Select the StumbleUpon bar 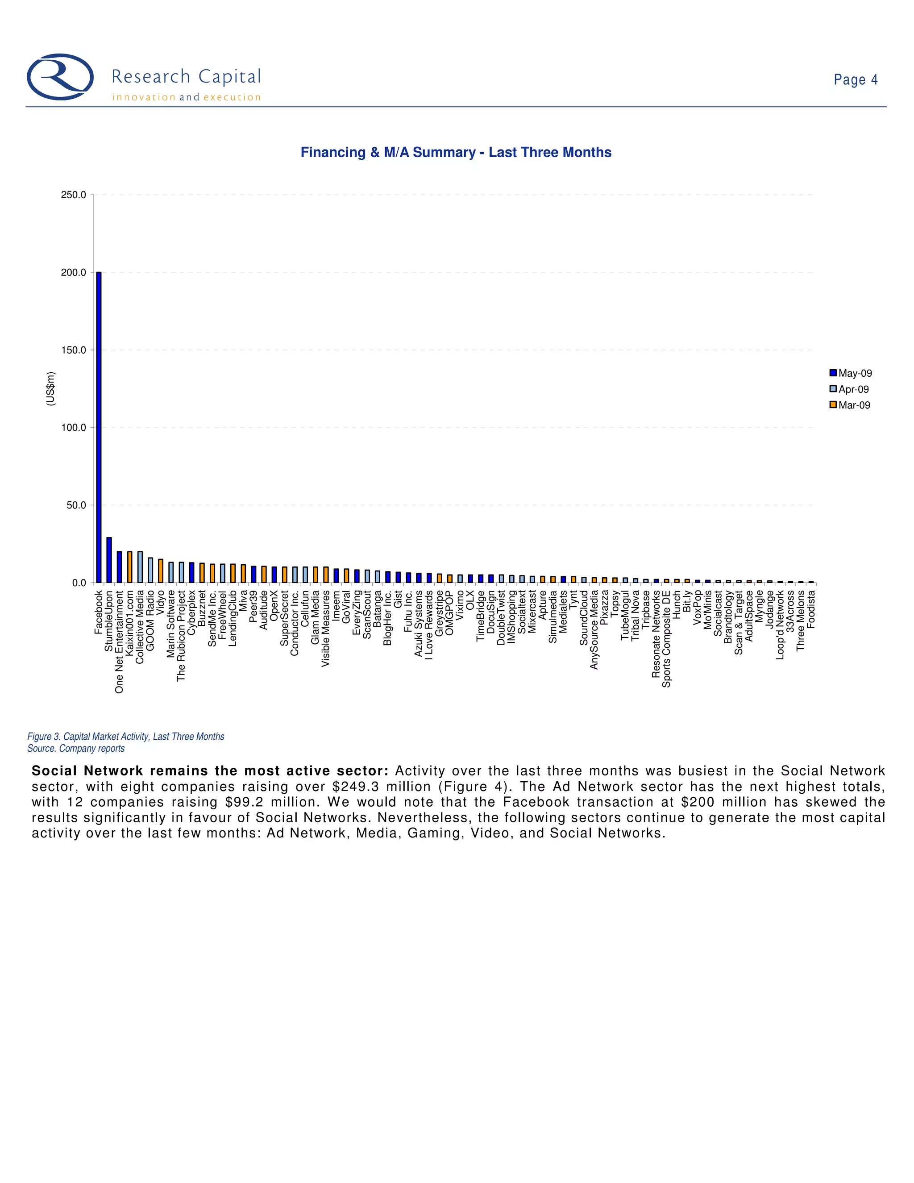[109, 560]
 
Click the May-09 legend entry [851, 373]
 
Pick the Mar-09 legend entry [850, 405]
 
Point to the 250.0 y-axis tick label [74, 195]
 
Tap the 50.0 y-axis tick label [76, 505]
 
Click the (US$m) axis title [50, 389]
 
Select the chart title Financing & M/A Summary [456, 152]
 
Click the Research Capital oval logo [60, 77]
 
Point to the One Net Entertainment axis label [119, 642]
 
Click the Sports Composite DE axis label [667, 639]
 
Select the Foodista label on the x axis [810, 609]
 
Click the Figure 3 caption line [125, 737]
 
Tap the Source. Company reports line [76, 749]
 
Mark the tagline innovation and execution [186, 97]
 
